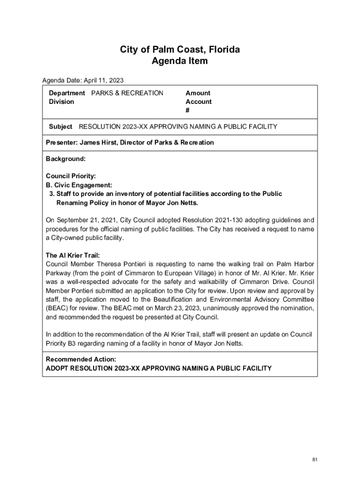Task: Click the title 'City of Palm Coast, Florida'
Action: point(180,50)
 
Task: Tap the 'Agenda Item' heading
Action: point(180,61)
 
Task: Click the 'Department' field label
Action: point(67,93)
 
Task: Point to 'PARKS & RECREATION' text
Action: point(127,93)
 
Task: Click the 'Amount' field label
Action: point(198,93)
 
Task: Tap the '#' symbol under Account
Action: point(187,110)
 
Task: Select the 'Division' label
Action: point(61,102)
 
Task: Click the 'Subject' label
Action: point(60,126)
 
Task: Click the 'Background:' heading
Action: point(65,159)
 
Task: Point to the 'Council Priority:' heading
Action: point(71,176)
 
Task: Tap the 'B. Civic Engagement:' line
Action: point(79,185)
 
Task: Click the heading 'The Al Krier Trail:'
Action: point(72,255)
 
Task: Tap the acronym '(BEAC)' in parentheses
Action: point(57,308)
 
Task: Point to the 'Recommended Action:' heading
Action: point(81,359)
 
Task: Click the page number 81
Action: point(315,460)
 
